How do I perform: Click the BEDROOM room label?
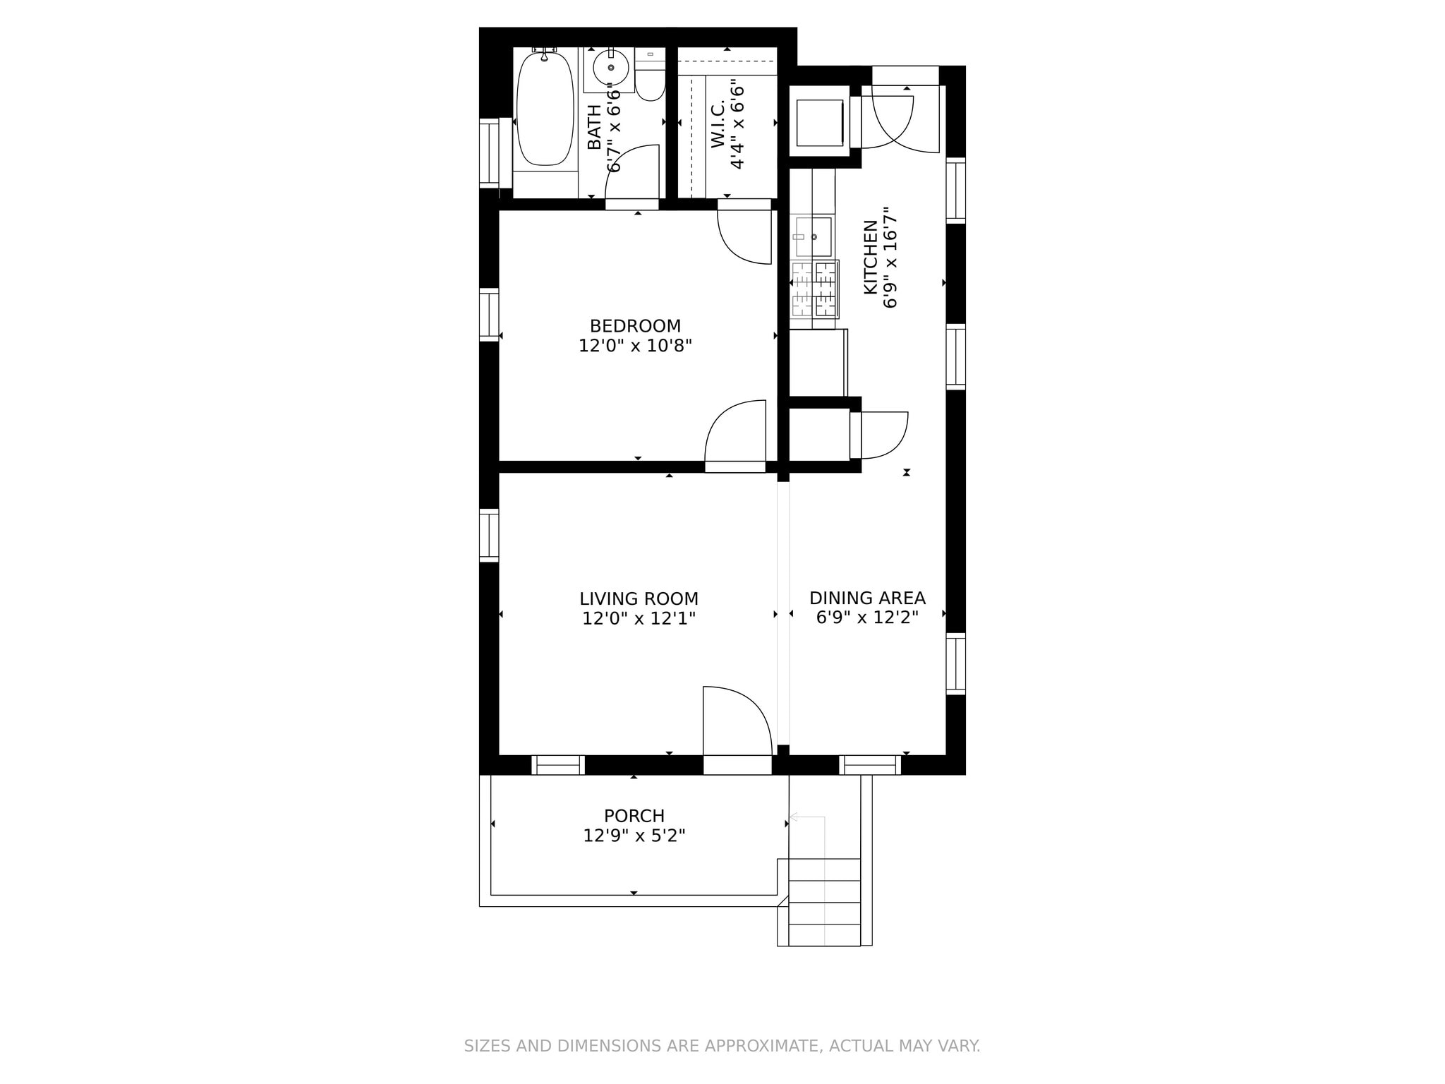635,326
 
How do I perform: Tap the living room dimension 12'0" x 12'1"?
639,619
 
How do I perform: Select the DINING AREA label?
867,598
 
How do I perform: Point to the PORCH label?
634,816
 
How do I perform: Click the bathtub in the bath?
545,109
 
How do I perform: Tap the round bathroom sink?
610,68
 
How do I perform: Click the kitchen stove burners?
815,289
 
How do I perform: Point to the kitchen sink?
813,236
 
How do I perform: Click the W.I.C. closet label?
718,124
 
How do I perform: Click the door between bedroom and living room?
734,434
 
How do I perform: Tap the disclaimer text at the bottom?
722,1046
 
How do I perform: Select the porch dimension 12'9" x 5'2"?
634,836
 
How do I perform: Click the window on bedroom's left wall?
488,315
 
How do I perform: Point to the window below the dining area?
870,765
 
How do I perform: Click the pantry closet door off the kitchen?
878,435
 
